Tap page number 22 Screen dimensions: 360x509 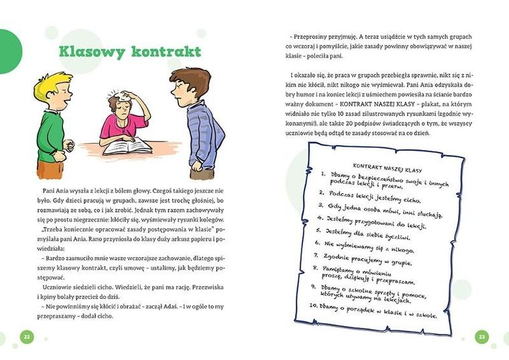click(x=25, y=335)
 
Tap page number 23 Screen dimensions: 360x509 click(x=482, y=335)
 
